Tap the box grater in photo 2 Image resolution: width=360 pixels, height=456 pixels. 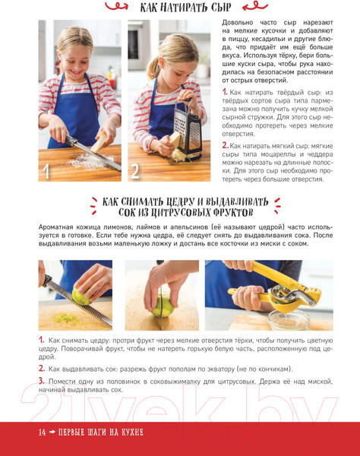pyautogui.click(x=188, y=129)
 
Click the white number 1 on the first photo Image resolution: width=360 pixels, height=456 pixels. pyautogui.click(x=46, y=171)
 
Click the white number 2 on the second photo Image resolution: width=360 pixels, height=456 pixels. pyautogui.click(x=135, y=171)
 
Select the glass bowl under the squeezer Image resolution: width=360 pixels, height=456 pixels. pyautogui.click(x=289, y=319)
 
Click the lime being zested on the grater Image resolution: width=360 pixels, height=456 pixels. pyautogui.click(x=82, y=296)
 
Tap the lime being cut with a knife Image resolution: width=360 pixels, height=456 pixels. pyautogui.click(x=163, y=306)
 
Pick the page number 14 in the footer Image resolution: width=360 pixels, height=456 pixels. pyautogui.click(x=42, y=432)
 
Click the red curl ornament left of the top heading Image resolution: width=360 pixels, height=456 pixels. pyautogui.click(x=116, y=6)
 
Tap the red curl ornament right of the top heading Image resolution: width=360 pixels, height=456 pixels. pyautogui.click(x=255, y=6)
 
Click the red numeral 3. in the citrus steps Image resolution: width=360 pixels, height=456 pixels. pyautogui.click(x=42, y=381)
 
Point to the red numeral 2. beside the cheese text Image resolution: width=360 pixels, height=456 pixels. pyautogui.click(x=225, y=145)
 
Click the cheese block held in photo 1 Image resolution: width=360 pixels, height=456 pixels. pyautogui.click(x=99, y=141)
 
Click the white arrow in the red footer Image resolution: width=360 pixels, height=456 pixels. pyautogui.click(x=52, y=432)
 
